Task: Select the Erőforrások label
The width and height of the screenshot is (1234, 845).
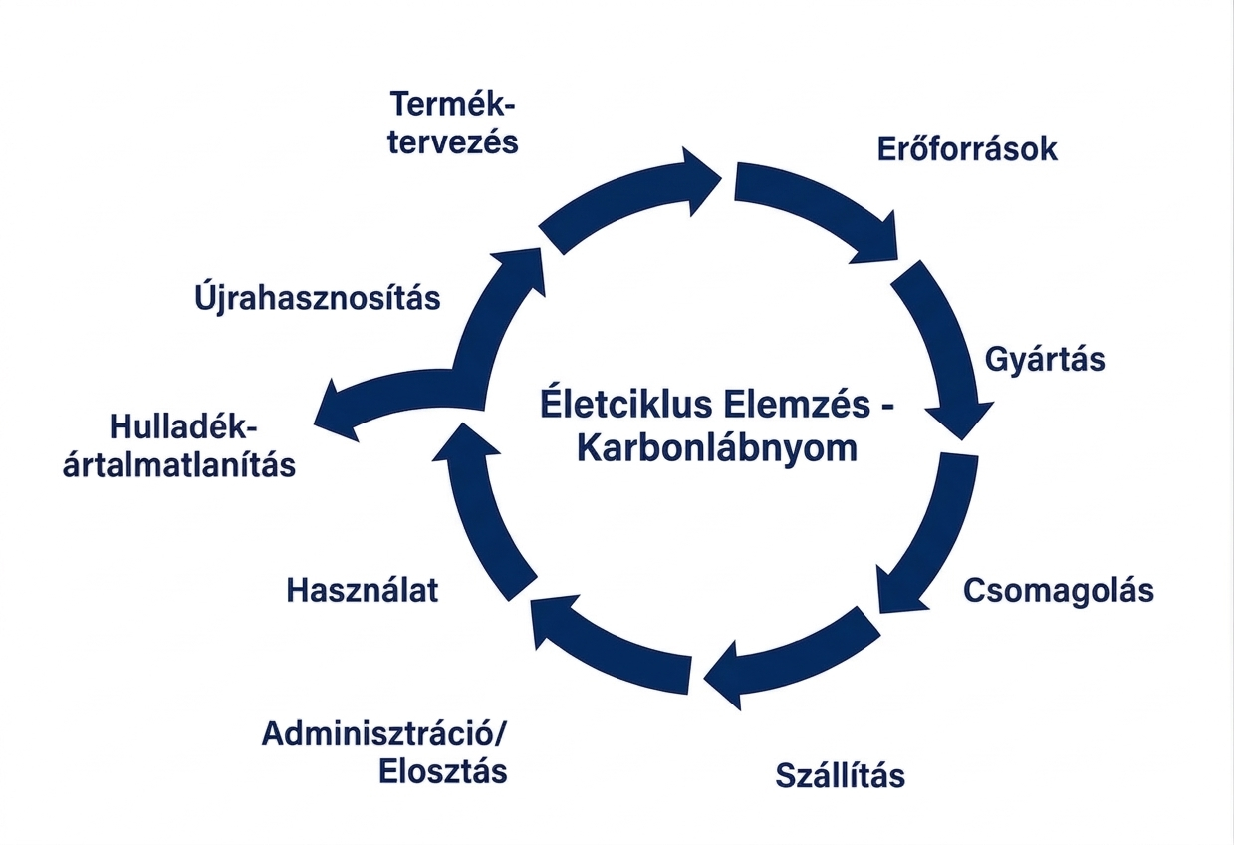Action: click(x=967, y=149)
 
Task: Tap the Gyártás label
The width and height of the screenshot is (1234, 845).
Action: click(x=1045, y=358)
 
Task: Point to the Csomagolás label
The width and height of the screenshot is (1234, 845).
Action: click(x=1059, y=590)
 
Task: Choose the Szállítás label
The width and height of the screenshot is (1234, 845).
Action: click(x=841, y=774)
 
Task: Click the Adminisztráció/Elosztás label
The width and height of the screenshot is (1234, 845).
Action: click(x=384, y=752)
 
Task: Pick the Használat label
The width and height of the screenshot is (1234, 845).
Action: click(x=363, y=590)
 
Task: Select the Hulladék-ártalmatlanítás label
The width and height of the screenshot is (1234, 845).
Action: click(x=179, y=445)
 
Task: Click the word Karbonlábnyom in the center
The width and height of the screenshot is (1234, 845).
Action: click(x=717, y=448)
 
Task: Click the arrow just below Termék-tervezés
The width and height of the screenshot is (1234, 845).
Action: click(x=627, y=199)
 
